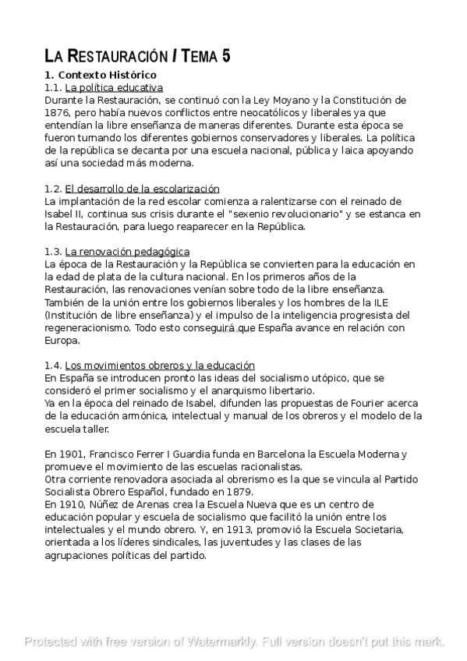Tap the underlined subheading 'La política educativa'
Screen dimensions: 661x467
(114, 87)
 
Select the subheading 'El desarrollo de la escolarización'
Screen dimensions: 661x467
(142, 189)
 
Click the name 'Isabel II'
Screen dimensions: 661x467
(65, 214)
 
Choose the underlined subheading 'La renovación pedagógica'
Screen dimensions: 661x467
(127, 252)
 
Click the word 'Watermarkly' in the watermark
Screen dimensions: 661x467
(221, 642)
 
